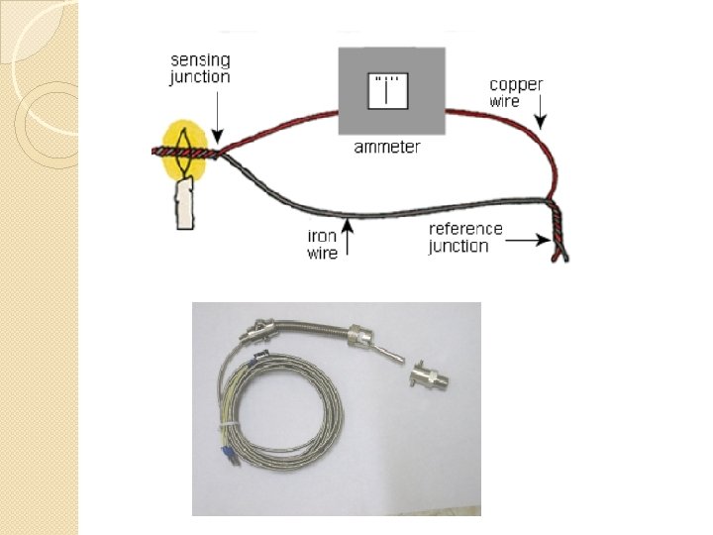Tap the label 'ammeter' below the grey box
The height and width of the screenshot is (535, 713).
tap(387, 148)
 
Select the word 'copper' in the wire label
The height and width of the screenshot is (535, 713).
tap(516, 84)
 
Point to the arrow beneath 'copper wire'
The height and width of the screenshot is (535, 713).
tap(540, 117)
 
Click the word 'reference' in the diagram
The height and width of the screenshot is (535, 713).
tap(465, 229)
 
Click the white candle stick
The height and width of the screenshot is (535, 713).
tap(183, 203)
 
